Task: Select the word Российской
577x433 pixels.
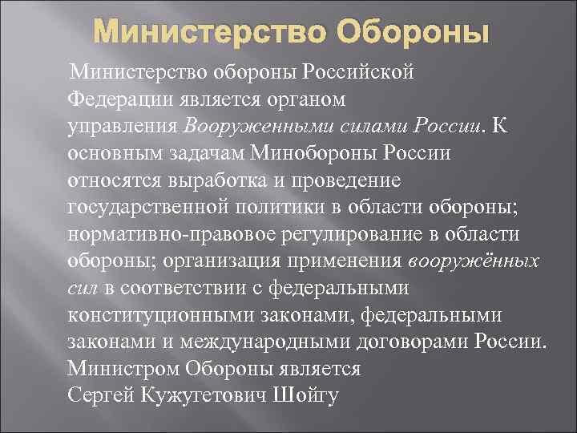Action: pos(357,75)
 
